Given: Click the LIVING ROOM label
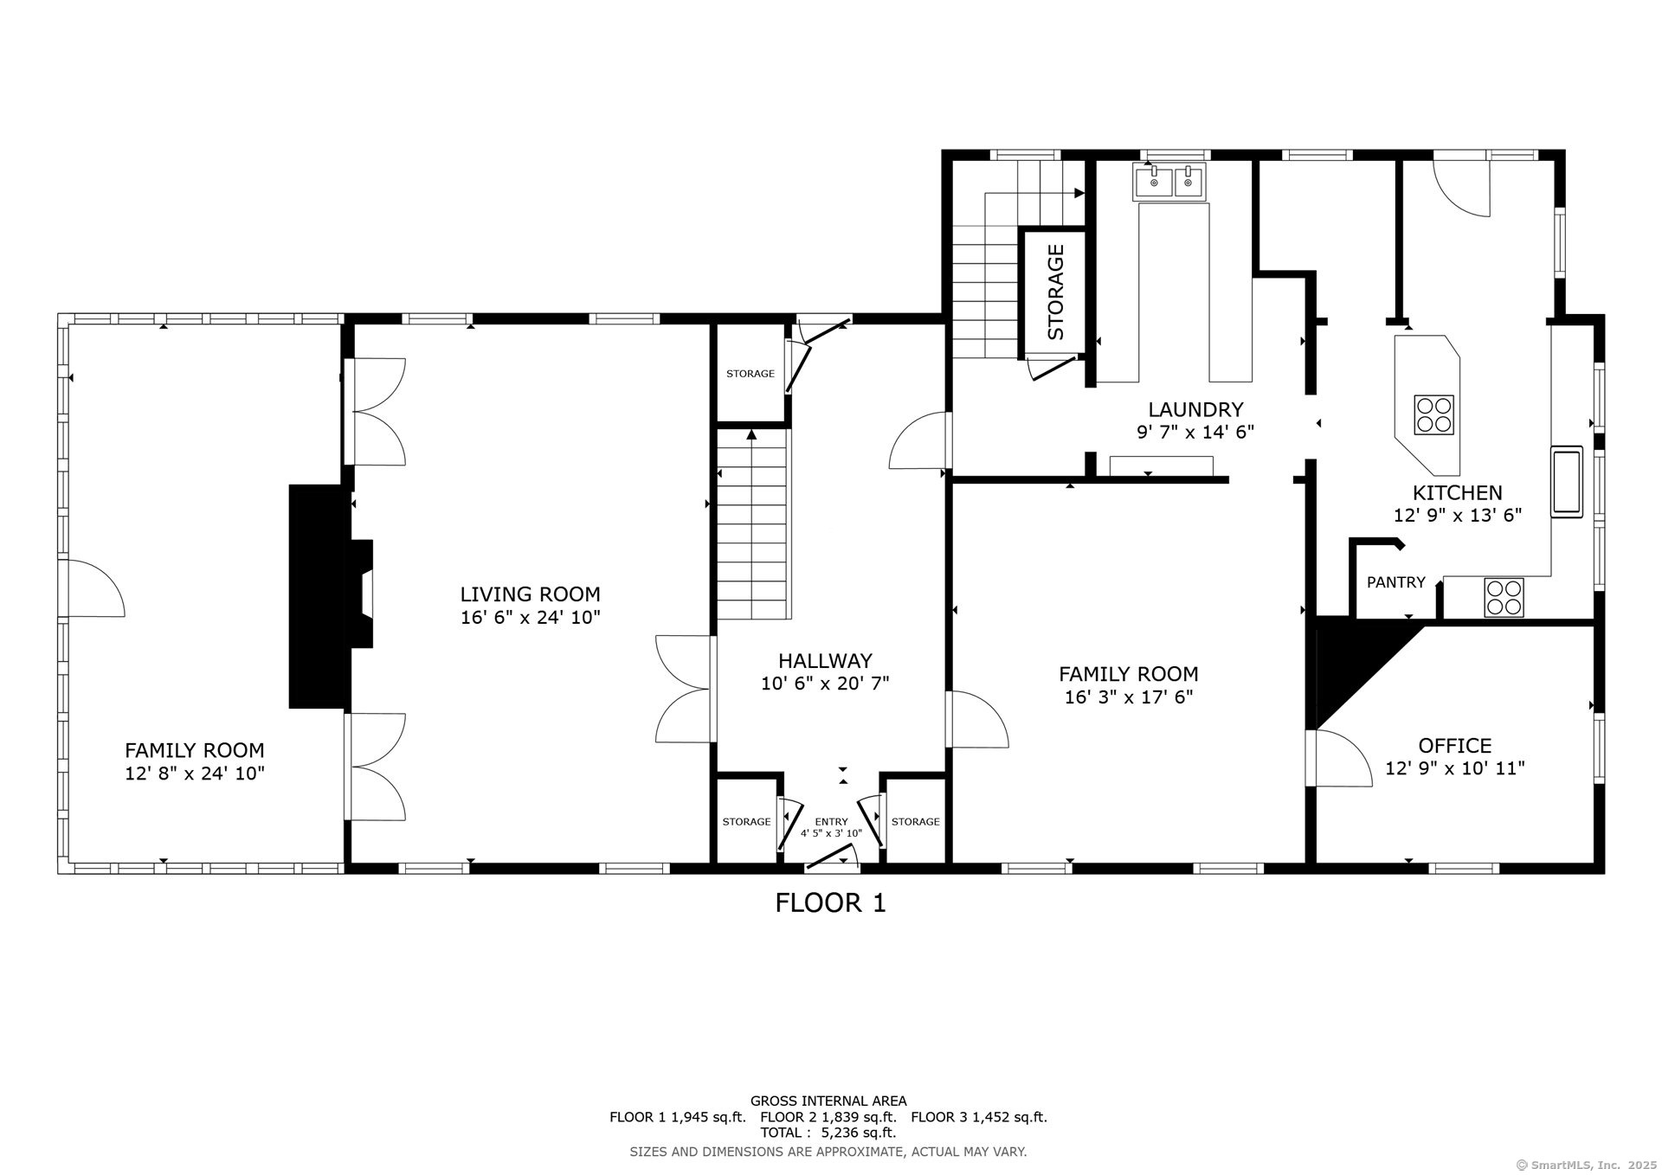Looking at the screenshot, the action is click(530, 594).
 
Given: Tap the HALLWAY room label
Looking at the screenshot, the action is click(825, 661).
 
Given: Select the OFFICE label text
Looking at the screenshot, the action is click(1455, 745).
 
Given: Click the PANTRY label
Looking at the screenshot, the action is click(1395, 582).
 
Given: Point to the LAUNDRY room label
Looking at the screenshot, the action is click(1195, 409).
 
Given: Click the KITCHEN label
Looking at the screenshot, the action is click(1458, 492).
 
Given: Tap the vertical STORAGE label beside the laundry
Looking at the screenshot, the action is click(1055, 292).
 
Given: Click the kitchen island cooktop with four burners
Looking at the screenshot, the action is click(1434, 414).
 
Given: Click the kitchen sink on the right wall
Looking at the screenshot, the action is click(1567, 481).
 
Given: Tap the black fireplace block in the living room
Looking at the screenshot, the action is click(331, 596).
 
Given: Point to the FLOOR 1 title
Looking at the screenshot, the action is click(830, 903).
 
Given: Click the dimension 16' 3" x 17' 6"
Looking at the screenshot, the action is click(1129, 697).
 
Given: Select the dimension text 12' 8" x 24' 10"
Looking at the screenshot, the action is click(195, 773).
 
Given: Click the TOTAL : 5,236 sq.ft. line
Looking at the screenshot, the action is click(828, 1133).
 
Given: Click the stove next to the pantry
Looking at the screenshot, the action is click(1504, 597).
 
